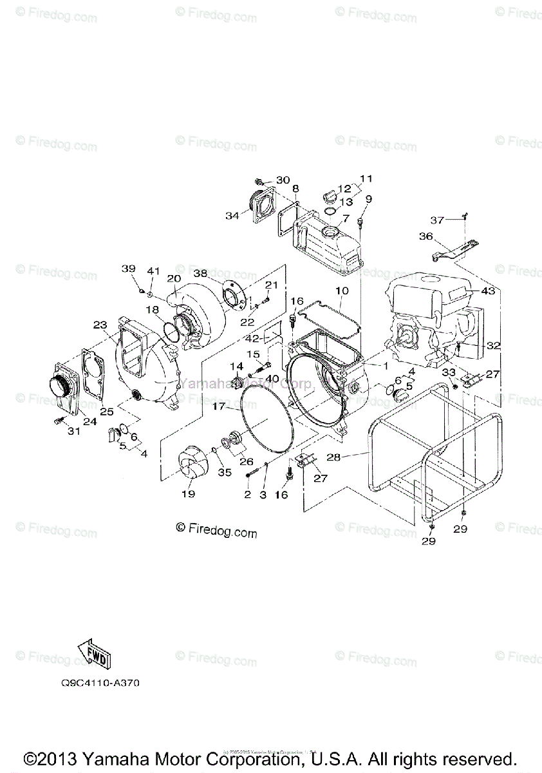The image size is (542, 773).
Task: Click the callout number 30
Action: [x=283, y=180]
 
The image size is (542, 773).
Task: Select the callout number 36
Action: [x=425, y=236]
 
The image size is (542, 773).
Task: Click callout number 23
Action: [x=99, y=325]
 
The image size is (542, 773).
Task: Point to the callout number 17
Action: [x=218, y=406]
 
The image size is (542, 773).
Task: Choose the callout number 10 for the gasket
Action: [x=341, y=292]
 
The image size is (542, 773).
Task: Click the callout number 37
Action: [x=437, y=220]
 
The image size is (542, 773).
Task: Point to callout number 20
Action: [x=173, y=278]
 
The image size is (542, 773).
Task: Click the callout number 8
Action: [x=295, y=188]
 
